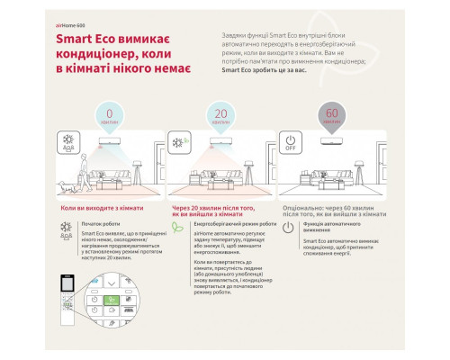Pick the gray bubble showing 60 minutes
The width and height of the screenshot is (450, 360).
tap(332, 119)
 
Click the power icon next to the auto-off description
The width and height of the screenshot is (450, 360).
tap(287, 228)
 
